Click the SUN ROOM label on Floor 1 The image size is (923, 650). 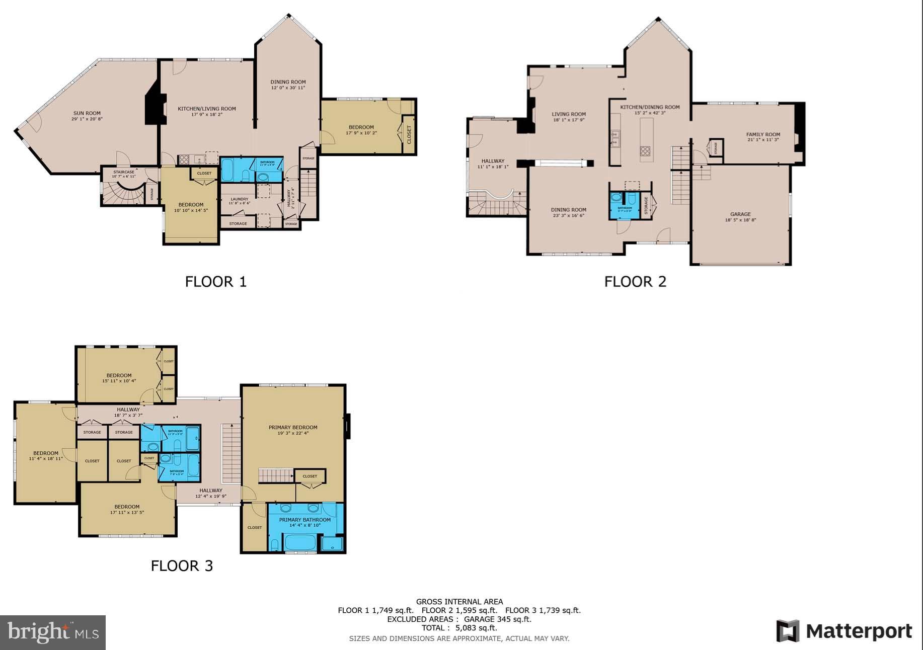87,113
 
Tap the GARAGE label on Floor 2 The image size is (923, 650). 740,214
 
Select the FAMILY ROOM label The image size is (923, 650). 763,134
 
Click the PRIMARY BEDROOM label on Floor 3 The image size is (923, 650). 293,427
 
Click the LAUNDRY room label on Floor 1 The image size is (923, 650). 239,199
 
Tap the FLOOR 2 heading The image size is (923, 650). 635,281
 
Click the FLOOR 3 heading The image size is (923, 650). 182,565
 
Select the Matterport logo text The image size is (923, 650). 859,631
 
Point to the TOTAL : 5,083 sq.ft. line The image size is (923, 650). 459,628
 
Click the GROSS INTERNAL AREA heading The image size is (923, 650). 459,601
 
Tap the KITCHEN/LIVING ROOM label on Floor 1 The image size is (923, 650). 207,109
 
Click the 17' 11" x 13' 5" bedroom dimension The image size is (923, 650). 127,513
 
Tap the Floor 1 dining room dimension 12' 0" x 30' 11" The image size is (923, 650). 288,88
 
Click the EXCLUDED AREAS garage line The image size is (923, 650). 459,619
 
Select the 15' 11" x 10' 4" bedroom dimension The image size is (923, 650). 119,381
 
